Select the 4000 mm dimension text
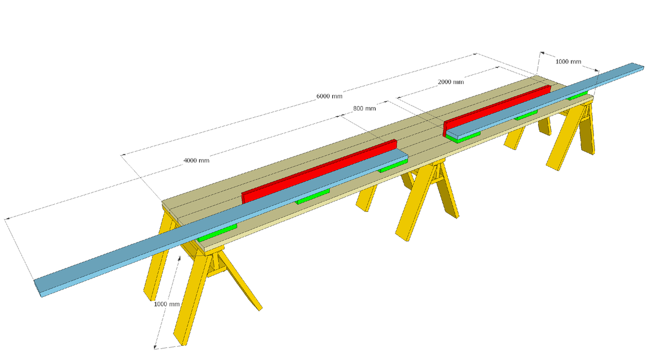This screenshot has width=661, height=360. pos(196,161)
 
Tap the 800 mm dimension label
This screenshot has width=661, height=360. pos(364,108)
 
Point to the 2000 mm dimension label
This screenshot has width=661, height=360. pos(451,82)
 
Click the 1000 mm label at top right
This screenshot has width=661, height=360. pos(568,62)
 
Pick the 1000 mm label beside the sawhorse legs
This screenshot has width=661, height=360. pos(167,304)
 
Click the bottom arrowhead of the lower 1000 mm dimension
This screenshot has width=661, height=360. pos(156,347)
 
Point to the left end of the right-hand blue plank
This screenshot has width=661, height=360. pos(449,133)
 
